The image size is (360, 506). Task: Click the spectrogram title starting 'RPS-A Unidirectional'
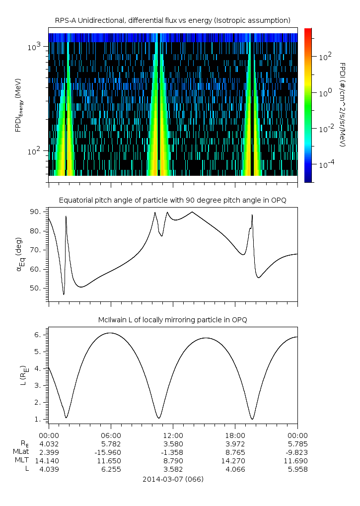pyautogui.click(x=173, y=20)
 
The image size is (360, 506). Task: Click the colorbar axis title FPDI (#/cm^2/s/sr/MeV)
pyautogui.click(x=343, y=104)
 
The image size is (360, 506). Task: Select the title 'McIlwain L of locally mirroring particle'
pyautogui.click(x=173, y=320)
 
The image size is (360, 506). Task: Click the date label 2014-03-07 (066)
pyautogui.click(x=173, y=479)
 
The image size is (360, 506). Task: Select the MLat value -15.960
pyautogui.click(x=111, y=452)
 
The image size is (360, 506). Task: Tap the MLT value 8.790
pyautogui.click(x=173, y=461)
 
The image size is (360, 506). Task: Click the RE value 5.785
pyautogui.click(x=297, y=443)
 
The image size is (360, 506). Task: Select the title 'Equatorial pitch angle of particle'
pyautogui.click(x=173, y=200)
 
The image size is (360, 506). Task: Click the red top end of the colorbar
pyautogui.click(x=308, y=31)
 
